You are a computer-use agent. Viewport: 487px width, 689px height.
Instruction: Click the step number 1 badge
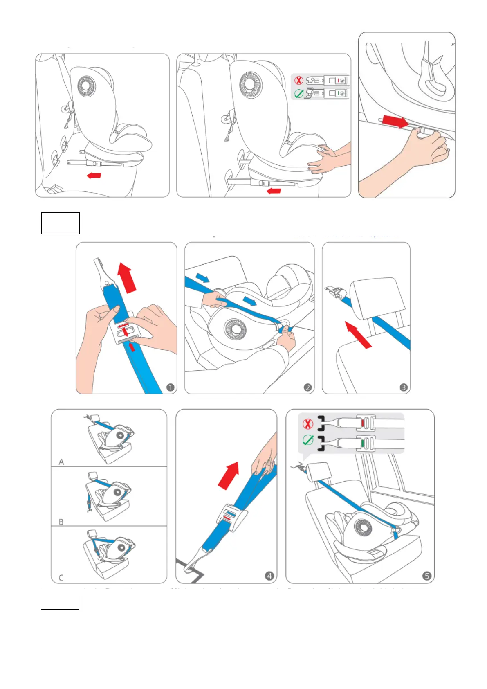click(x=170, y=387)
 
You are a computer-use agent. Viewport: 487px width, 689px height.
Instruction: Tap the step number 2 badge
click(x=307, y=387)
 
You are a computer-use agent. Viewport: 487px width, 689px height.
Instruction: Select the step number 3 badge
click(x=404, y=387)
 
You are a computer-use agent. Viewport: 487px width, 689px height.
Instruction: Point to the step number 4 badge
click(x=269, y=576)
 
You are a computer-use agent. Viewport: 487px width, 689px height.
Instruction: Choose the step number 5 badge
click(x=426, y=576)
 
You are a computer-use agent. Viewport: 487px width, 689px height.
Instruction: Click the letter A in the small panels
click(x=61, y=462)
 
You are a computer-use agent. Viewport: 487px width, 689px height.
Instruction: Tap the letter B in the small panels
click(x=61, y=522)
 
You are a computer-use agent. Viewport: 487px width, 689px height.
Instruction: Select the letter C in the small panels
click(x=61, y=578)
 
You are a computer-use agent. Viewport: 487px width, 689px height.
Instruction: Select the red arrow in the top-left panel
click(x=94, y=176)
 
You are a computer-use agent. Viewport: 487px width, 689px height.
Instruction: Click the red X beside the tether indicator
click(x=307, y=424)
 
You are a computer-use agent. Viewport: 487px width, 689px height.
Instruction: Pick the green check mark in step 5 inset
click(x=307, y=440)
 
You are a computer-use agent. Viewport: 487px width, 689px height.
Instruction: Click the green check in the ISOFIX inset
click(x=299, y=94)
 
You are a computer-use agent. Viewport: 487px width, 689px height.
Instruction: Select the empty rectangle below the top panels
click(x=61, y=223)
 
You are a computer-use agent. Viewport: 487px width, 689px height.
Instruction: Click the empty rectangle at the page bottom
click(x=60, y=598)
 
